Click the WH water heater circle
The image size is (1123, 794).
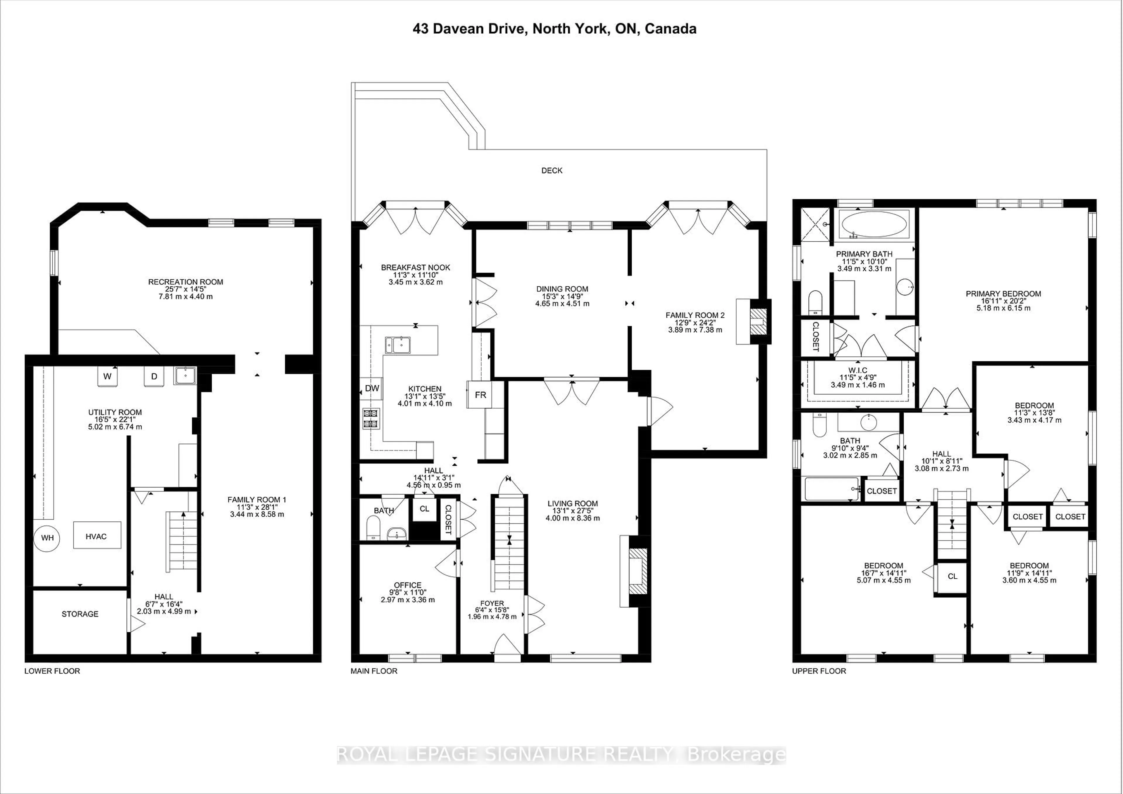click(x=47, y=538)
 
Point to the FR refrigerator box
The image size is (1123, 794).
click(x=480, y=394)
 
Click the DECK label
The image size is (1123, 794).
click(x=552, y=170)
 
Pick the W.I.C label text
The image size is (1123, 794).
click(x=858, y=370)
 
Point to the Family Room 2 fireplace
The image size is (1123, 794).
click(x=759, y=322)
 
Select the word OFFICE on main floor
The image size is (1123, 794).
click(x=407, y=585)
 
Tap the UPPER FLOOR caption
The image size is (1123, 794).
click(x=819, y=671)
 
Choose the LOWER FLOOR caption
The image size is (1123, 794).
click(x=52, y=671)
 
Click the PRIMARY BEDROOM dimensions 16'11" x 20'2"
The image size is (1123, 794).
click(x=1003, y=301)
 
